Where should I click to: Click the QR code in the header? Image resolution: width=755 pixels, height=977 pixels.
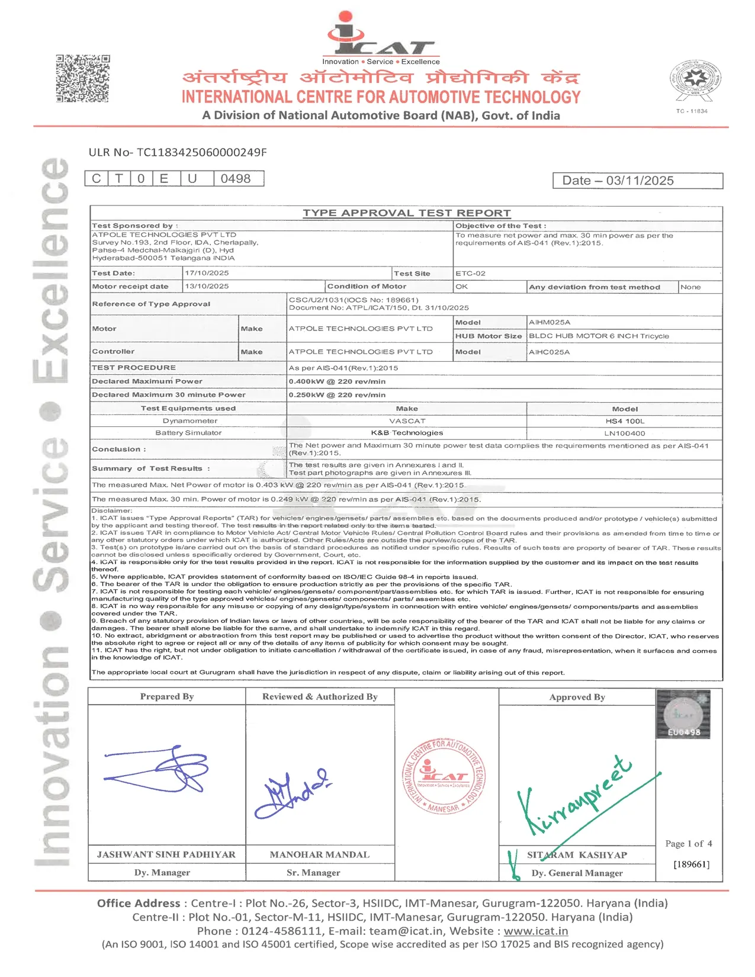[83, 78]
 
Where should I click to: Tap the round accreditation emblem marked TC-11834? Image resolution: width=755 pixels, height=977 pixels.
[695, 81]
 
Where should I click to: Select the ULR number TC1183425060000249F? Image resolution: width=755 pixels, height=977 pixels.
[178, 152]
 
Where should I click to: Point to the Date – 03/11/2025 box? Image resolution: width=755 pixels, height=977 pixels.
[637, 181]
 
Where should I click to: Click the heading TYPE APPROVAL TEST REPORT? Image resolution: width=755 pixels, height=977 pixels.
[406, 213]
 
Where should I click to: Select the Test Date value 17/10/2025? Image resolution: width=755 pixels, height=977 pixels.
[207, 273]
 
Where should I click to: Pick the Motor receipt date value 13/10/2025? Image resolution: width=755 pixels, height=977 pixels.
[207, 286]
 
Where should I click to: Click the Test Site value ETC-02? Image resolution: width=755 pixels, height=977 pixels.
[470, 274]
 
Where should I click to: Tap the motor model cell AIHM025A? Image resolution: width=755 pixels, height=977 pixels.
[550, 322]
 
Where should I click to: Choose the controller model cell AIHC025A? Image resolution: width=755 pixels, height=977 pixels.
[549, 352]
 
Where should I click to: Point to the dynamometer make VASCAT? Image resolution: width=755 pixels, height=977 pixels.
[407, 421]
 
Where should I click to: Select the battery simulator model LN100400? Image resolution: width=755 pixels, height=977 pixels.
[625, 433]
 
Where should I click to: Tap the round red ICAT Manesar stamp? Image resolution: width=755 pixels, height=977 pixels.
[444, 776]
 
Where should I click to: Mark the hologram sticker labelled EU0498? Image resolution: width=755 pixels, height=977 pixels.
[683, 715]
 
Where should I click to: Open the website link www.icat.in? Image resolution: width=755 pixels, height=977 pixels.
[535, 931]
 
